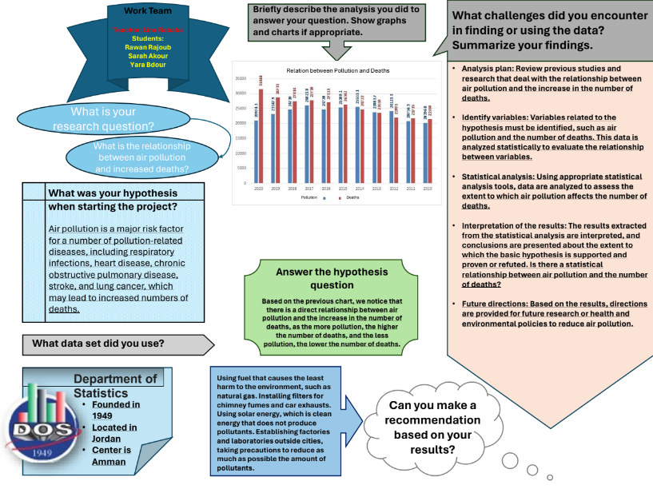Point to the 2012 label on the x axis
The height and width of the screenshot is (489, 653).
click(393, 188)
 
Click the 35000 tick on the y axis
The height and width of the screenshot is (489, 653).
click(241, 79)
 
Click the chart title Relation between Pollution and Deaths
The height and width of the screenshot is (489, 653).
click(337, 71)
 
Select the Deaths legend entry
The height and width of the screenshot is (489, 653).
click(349, 197)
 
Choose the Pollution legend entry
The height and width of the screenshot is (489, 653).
click(313, 197)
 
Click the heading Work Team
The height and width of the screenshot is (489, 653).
click(147, 11)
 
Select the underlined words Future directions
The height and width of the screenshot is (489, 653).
click(495, 304)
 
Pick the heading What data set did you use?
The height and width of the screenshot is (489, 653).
click(98, 344)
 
